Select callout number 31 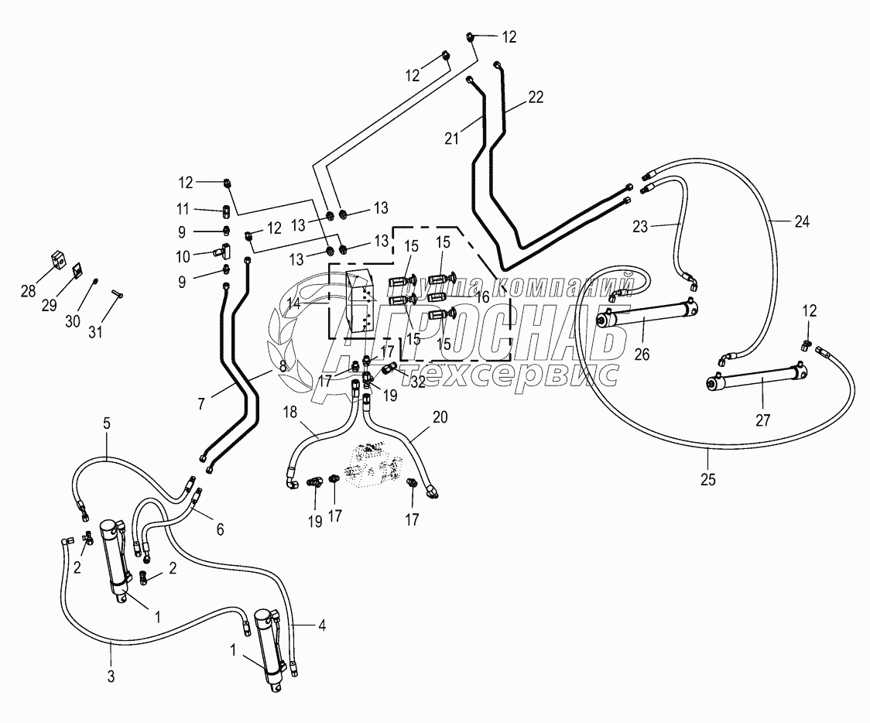[x=95, y=332]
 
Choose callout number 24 [x=802, y=221]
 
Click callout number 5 [x=107, y=423]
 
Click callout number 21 [x=451, y=139]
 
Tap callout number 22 [x=536, y=97]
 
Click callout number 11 [x=183, y=209]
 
